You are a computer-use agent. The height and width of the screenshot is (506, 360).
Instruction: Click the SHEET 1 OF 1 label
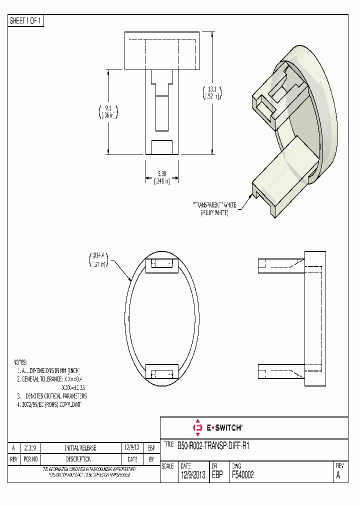click(26, 21)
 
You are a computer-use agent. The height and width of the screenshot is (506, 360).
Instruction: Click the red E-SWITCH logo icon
click(197, 427)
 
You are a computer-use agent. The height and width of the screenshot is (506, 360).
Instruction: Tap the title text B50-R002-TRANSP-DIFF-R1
click(213, 445)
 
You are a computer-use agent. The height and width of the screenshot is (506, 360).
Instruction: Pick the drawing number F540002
click(243, 475)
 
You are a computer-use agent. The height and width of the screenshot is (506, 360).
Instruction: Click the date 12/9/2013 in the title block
click(192, 475)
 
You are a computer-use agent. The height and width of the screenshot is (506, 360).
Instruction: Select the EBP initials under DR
click(218, 475)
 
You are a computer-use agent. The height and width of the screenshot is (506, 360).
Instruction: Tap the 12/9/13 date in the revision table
click(132, 448)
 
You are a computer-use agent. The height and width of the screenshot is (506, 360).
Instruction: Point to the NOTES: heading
click(20, 361)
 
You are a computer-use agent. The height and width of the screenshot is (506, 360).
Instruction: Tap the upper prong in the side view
click(280, 265)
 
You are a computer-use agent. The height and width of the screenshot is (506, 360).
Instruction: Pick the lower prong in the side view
click(280, 370)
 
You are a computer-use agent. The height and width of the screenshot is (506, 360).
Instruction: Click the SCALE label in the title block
click(168, 465)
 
